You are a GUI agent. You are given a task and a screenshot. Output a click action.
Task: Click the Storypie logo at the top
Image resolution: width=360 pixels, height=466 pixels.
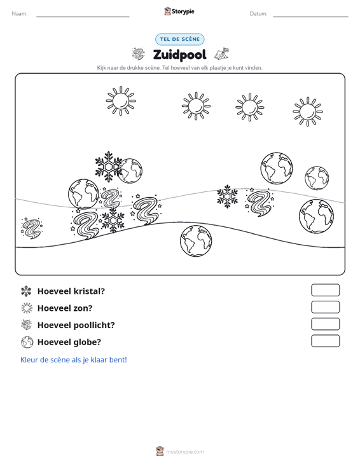[179, 11]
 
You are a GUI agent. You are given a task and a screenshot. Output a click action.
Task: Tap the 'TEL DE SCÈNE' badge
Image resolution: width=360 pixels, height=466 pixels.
[179, 39]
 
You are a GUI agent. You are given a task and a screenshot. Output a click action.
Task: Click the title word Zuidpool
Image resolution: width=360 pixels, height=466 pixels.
[179, 55]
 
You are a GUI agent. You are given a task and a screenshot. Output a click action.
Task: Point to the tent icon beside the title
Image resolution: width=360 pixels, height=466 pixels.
[222, 54]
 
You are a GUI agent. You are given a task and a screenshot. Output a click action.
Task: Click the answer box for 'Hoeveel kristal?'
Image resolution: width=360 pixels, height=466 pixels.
[325, 290]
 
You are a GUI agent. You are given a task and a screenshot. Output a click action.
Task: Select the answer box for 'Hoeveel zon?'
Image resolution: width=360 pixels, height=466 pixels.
[325, 307]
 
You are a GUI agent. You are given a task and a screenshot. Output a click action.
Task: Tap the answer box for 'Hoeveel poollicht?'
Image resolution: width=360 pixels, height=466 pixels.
[325, 324]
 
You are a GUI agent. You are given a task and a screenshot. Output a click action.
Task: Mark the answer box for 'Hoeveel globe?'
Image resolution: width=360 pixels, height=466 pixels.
[325, 341]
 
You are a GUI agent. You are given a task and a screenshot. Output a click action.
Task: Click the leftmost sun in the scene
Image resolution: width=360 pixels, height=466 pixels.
[121, 101]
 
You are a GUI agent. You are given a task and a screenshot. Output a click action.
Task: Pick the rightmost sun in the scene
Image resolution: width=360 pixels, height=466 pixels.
[308, 112]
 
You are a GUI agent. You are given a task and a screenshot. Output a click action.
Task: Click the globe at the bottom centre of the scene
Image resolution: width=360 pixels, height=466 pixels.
[196, 241]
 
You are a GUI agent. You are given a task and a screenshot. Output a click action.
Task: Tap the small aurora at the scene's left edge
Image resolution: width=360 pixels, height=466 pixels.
[32, 228]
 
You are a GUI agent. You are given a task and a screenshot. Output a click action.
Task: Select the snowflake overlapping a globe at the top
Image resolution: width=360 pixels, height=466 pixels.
[109, 167]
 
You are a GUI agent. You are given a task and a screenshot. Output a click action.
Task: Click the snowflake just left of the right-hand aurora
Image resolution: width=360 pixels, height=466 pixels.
[228, 196]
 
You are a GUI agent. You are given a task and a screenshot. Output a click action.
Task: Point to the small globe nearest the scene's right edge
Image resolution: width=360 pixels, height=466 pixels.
[317, 178]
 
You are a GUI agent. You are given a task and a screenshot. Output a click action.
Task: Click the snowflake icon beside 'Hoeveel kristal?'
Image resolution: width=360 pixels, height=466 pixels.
[26, 291]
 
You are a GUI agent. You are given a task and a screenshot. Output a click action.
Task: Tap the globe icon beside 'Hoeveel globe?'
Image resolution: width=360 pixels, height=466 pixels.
[27, 342]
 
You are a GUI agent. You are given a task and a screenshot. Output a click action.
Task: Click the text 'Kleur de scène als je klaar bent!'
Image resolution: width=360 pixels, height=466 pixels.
[73, 360]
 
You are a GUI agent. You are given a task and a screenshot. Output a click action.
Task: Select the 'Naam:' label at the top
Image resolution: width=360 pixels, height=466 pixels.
[20, 14]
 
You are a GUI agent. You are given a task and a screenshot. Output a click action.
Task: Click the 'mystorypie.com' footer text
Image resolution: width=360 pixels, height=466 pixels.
[184, 452]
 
